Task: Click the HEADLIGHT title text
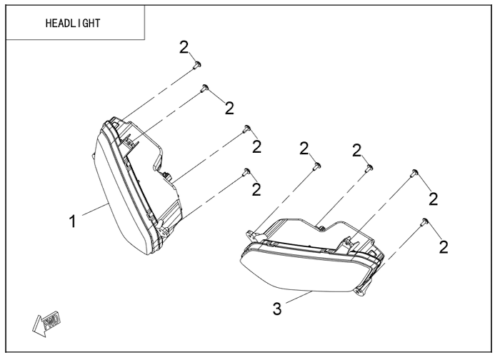tap(73, 24)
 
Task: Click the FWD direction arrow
tap(46, 324)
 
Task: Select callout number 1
tap(73, 221)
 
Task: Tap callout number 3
tap(277, 309)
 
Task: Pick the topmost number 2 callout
tap(184, 48)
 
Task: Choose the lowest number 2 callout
tap(444, 247)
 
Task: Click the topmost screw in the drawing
tap(197, 65)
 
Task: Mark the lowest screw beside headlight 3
tap(424, 222)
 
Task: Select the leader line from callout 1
tap(95, 209)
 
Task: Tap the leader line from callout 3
tap(299, 297)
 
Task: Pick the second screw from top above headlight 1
tap(204, 88)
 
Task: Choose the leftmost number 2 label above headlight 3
tap(304, 149)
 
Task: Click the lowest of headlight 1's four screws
tap(246, 172)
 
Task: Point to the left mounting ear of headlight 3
tap(252, 235)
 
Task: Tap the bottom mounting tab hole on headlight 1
tap(166, 229)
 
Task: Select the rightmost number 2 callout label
tap(444, 247)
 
